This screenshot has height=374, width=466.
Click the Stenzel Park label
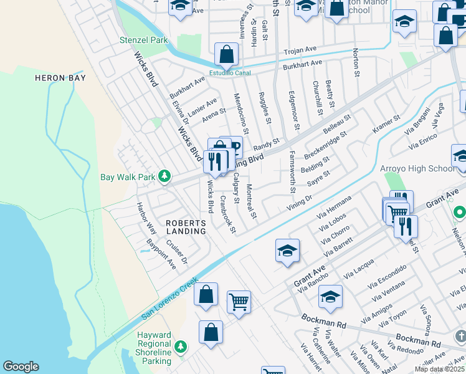[144, 40]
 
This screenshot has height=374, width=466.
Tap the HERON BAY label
[60, 78]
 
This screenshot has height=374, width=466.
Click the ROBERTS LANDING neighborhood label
[186, 227]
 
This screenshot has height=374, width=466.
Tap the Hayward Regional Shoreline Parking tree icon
[181, 346]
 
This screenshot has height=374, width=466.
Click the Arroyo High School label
[417, 168]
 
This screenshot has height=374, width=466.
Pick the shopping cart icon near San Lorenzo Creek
[239, 302]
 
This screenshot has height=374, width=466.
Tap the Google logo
[21, 367]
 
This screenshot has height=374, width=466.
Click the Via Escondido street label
[387, 276]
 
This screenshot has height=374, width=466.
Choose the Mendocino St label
[240, 113]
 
